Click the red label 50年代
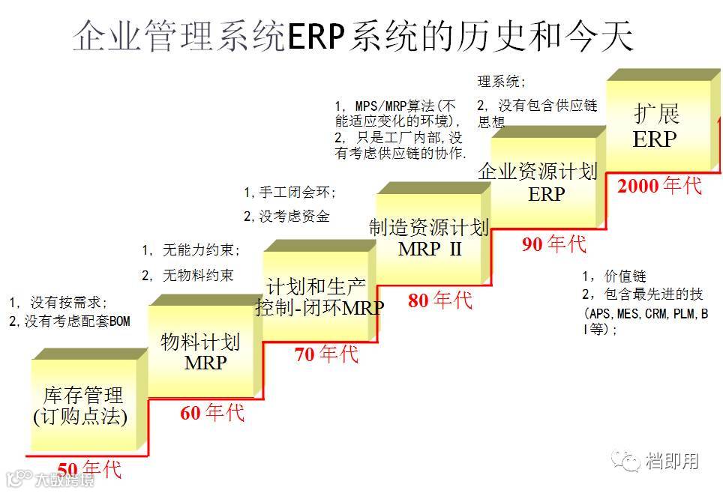click(x=88, y=470)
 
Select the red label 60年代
click(x=212, y=412)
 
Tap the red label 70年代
click(x=326, y=354)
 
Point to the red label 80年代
click(x=440, y=300)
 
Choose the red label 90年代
click(x=554, y=244)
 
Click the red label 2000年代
click(x=659, y=186)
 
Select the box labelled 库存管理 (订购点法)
click(x=83, y=406)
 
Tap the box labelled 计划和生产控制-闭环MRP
click(x=319, y=297)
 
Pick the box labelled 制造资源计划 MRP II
click(x=430, y=238)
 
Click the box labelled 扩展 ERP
click(x=655, y=126)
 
